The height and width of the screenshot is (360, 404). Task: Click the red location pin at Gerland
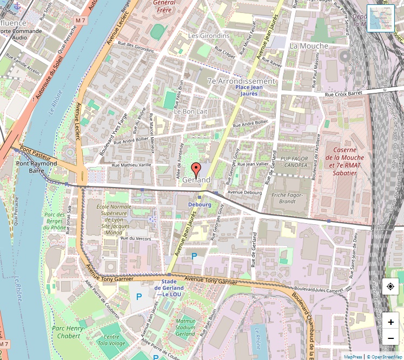click(196, 168)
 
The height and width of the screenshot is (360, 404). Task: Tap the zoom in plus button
click(390, 322)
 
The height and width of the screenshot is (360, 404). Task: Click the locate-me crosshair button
click(390, 287)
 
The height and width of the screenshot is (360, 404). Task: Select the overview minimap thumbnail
click(381, 18)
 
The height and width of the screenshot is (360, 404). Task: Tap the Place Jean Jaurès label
click(249, 90)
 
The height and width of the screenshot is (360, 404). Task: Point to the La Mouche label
click(309, 46)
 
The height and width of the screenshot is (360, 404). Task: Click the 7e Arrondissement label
click(241, 81)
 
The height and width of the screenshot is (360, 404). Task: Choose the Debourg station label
click(200, 205)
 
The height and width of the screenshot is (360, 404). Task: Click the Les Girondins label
click(208, 36)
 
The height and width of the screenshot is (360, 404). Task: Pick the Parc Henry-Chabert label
click(69, 332)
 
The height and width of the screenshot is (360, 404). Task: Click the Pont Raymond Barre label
click(37, 166)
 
